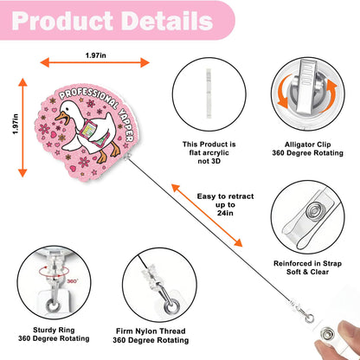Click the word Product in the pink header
pos(62,21)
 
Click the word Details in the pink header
pos(167,21)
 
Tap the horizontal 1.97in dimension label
pos(95,55)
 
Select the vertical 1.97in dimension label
pos(16,124)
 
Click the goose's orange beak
pos(62,118)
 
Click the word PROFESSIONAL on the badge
pos(88,98)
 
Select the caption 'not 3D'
pos(209,161)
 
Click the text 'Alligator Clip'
pos(308,145)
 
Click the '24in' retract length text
pos(225,213)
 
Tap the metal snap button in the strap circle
pos(314,209)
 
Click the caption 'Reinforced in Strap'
pos(307,263)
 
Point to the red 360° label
pos(73,281)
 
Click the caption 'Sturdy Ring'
pos(54,330)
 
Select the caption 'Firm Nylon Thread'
pos(151,331)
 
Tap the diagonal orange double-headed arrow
pos(207,215)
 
